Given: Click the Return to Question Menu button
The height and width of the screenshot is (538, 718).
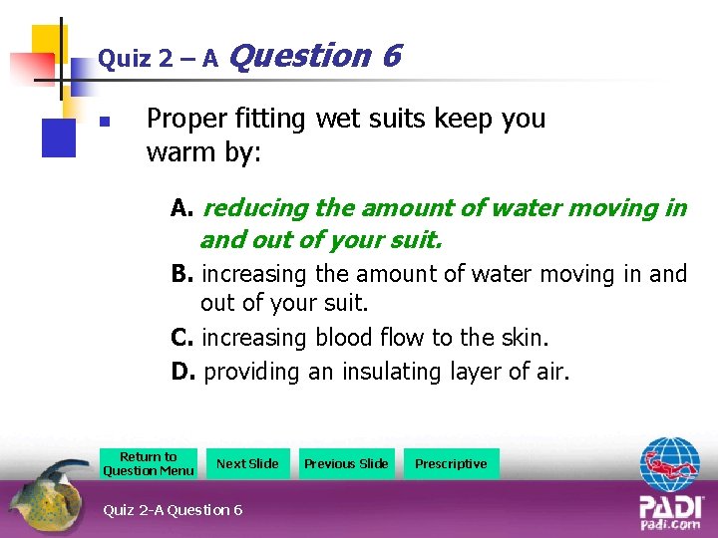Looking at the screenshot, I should (149, 463).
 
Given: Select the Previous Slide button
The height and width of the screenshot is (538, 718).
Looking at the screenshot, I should (346, 463).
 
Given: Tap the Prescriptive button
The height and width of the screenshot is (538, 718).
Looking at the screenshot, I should (451, 463).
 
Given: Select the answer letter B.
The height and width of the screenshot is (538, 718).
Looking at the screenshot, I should (180, 274).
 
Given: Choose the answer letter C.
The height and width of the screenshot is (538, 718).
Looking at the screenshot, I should (181, 339).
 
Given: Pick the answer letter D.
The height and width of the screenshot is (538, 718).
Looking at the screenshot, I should (181, 373).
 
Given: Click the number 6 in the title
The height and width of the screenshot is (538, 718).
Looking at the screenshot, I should (390, 56).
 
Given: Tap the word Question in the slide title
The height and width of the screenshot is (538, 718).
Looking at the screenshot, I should (300, 56).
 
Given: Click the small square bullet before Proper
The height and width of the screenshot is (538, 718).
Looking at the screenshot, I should (103, 125).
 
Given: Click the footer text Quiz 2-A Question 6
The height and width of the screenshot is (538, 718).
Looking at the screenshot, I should (173, 510).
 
